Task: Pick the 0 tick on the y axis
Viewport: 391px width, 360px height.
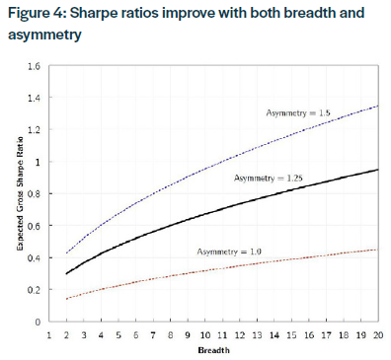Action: click(38, 322)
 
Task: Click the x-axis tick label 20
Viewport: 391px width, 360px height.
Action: click(379, 335)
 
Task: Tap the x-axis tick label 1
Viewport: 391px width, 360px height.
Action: click(49, 335)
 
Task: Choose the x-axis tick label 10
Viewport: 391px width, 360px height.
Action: click(205, 335)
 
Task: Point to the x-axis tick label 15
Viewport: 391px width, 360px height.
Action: click(292, 335)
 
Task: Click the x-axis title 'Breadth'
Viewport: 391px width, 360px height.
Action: click(214, 350)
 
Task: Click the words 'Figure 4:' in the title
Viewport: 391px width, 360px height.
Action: click(35, 14)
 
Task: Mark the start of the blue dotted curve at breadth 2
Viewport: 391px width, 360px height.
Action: click(67, 253)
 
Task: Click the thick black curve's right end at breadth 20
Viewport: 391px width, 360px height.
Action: click(379, 170)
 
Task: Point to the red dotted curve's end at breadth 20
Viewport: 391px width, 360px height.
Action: click(379, 250)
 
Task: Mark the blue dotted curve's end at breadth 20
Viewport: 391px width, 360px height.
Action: click(379, 106)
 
